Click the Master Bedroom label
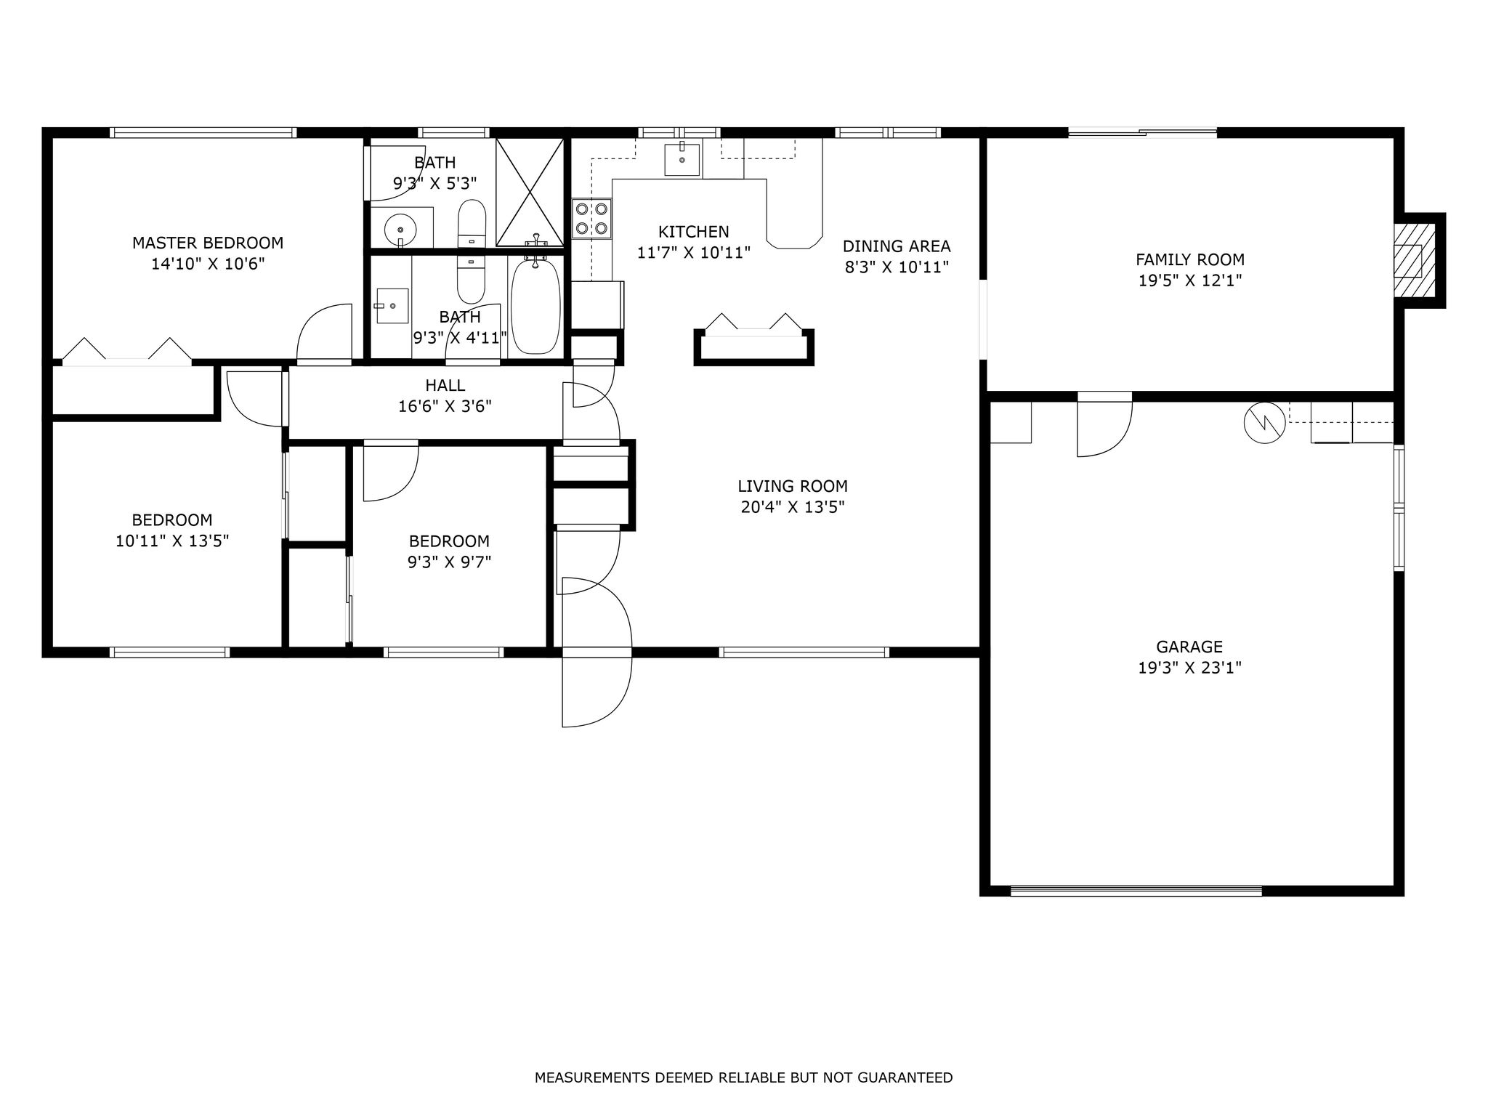click(x=208, y=243)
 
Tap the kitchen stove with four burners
click(x=591, y=218)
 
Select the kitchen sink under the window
click(x=682, y=159)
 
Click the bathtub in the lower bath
click(x=536, y=306)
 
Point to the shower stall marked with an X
click(x=530, y=192)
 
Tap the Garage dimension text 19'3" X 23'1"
click(x=1189, y=668)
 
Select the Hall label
click(x=445, y=386)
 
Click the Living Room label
click(x=793, y=486)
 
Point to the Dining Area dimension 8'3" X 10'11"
click(x=897, y=267)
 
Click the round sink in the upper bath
click(x=400, y=230)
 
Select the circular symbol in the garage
click(x=1264, y=422)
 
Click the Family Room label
click(x=1190, y=259)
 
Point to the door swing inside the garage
click(x=1104, y=429)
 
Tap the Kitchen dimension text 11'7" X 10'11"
click(x=693, y=253)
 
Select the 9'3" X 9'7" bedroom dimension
click(x=449, y=562)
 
